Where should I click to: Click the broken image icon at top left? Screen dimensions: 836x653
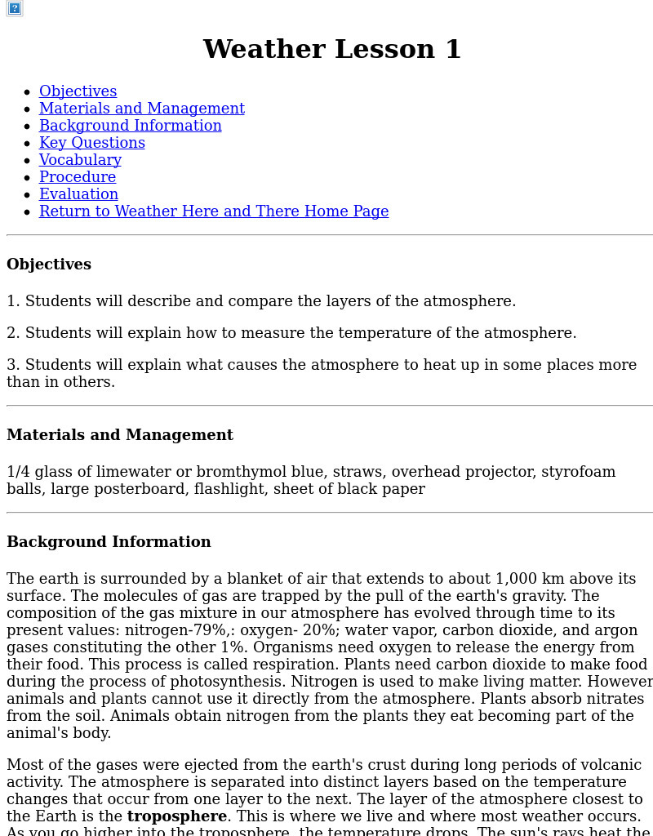pyautogui.click(x=14, y=8)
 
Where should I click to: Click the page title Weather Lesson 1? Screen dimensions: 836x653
pyautogui.click(x=331, y=49)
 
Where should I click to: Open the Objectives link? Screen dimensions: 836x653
pyautogui.click(x=78, y=91)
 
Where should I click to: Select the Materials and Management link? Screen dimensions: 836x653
pyautogui.click(x=141, y=109)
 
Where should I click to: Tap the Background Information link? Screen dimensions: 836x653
pyautogui.click(x=130, y=126)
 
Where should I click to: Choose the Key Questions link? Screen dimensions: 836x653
pyautogui.click(x=91, y=143)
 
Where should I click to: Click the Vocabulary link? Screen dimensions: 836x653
pyautogui.click(x=80, y=160)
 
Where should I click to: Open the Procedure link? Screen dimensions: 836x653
pyautogui.click(x=77, y=177)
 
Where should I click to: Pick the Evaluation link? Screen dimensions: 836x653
pyautogui.click(x=78, y=194)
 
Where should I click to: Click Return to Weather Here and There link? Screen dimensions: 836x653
pyautogui.click(x=213, y=211)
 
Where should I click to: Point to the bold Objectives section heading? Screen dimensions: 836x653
pyautogui.click(x=49, y=265)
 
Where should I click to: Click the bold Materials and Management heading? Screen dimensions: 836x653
pyautogui.click(x=120, y=435)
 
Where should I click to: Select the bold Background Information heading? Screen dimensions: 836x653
pyautogui.click(x=109, y=542)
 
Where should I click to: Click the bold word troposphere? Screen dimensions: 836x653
pyautogui.click(x=176, y=816)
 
